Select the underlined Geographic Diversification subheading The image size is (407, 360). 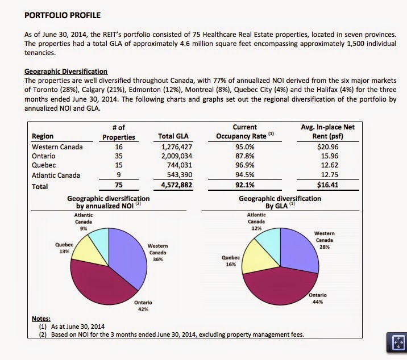pyautogui.click(x=66, y=72)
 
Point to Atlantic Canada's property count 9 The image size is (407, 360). pyautogui.click(x=119, y=175)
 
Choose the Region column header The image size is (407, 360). pyautogui.click(x=43, y=136)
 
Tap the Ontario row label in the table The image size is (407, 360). pyautogui.click(x=44, y=156)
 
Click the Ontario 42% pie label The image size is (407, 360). pyautogui.click(x=143, y=305)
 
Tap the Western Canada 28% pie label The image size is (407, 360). pyautogui.click(x=324, y=240)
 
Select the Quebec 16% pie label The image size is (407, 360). pyautogui.click(x=230, y=261)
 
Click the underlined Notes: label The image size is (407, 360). pyautogui.click(x=41, y=319)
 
